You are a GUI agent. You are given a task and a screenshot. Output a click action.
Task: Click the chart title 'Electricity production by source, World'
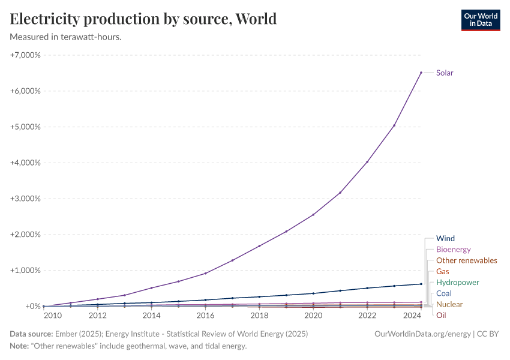tap(143, 19)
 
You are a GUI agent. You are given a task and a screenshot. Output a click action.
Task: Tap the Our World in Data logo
tap(480, 20)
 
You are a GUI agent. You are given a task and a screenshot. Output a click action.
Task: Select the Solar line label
tap(445, 73)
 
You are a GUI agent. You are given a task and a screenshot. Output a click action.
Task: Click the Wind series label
tap(445, 238)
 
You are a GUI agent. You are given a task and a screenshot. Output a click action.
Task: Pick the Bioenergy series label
tap(453, 249)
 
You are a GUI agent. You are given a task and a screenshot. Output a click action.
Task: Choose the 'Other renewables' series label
tap(466, 260)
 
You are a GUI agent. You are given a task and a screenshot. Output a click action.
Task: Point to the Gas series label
tap(442, 271)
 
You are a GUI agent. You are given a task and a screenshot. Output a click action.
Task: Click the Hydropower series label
tap(457, 282)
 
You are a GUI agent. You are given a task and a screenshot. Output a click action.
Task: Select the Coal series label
tap(443, 293)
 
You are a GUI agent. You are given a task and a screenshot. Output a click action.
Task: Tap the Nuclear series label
tap(449, 304)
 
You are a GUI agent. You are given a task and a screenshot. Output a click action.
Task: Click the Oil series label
tap(440, 315)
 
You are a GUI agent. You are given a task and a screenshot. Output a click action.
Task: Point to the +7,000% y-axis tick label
tap(25, 55)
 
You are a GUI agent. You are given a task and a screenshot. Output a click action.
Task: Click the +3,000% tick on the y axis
tap(25, 199)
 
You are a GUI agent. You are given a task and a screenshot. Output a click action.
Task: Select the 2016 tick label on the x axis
tap(205, 316)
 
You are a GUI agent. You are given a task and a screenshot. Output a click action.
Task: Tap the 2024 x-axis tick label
tap(412, 316)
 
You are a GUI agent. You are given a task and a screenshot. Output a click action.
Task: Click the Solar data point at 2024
tap(421, 73)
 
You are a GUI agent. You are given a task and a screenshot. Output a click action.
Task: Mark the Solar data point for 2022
tap(367, 162)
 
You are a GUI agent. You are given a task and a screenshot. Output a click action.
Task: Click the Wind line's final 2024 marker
tap(421, 284)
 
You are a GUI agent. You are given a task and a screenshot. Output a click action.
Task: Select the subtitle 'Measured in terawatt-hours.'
tap(66, 37)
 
